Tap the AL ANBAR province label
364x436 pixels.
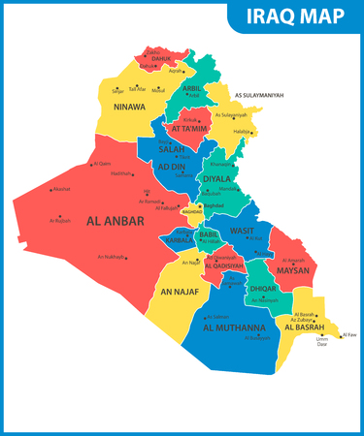[x=116, y=221]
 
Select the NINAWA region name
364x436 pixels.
[x=130, y=107]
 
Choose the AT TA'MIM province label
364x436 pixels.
[x=190, y=128]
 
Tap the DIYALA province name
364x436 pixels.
[x=216, y=177]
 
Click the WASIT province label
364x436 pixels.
[x=242, y=231]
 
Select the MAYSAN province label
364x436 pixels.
[x=292, y=270]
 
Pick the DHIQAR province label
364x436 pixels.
[x=263, y=288]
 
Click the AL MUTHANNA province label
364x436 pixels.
[x=236, y=327]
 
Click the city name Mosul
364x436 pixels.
[x=159, y=89]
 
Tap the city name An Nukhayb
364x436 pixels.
[x=112, y=257]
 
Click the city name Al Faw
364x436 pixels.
[x=350, y=334]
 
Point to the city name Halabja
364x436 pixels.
[x=242, y=131]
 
